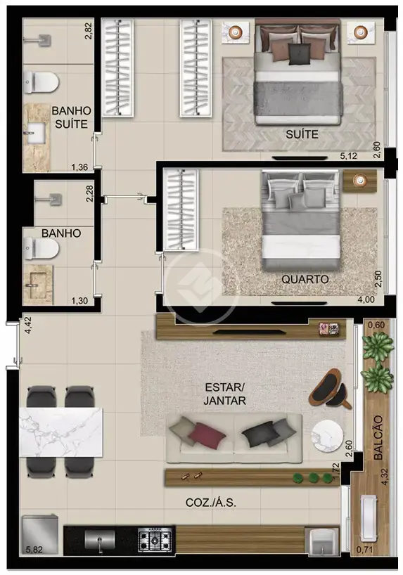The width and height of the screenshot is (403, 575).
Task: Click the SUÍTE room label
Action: coord(302,134)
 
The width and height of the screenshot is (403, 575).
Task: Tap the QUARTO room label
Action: coord(305,280)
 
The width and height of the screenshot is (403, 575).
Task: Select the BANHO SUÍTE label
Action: coord(71,117)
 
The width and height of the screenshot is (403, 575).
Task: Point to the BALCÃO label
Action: coord(378,437)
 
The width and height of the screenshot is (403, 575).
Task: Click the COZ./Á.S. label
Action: coord(211,503)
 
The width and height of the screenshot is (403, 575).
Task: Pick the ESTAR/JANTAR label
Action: coord(224,394)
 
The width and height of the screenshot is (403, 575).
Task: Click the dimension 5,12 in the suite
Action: coord(348,156)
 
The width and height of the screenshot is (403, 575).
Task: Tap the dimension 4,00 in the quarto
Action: coord(366,299)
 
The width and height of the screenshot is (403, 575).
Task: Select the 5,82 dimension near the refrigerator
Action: coord(34,549)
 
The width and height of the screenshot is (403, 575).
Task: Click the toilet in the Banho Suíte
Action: coord(41,82)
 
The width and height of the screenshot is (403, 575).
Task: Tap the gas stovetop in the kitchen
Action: coord(155,539)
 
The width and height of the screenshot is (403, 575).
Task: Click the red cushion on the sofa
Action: coord(207,434)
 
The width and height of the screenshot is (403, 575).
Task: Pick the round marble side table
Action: coord(327,437)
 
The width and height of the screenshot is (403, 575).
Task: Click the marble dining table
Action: coord(61,432)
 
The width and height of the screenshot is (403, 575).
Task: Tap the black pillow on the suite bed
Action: coord(300,54)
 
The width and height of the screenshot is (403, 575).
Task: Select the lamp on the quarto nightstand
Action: coord(360,180)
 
